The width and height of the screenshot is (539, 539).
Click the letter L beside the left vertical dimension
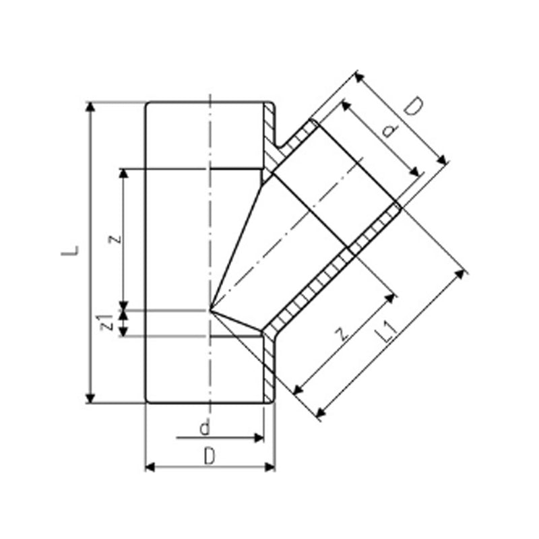coord(69,251)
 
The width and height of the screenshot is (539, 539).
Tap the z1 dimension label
coord(106,322)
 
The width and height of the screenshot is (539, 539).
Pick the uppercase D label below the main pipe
coord(210,456)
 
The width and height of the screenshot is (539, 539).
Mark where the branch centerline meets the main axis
coord(211,310)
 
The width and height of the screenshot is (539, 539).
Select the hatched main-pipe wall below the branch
coord(269,364)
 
